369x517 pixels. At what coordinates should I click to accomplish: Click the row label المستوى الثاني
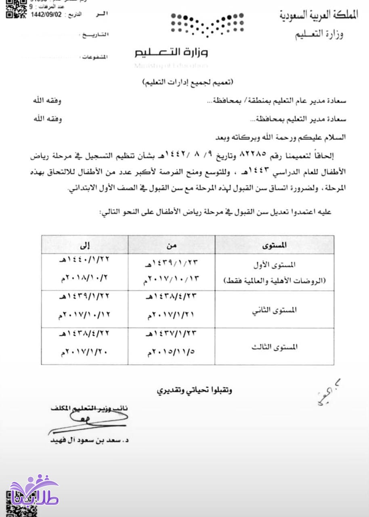[x=280, y=310]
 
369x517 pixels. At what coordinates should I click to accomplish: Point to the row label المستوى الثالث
[x=280, y=347]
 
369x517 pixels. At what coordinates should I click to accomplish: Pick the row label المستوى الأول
[x=280, y=265]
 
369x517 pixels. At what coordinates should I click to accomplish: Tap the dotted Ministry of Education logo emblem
[x=207, y=25]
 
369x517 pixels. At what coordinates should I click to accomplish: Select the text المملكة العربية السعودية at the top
[x=319, y=16]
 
